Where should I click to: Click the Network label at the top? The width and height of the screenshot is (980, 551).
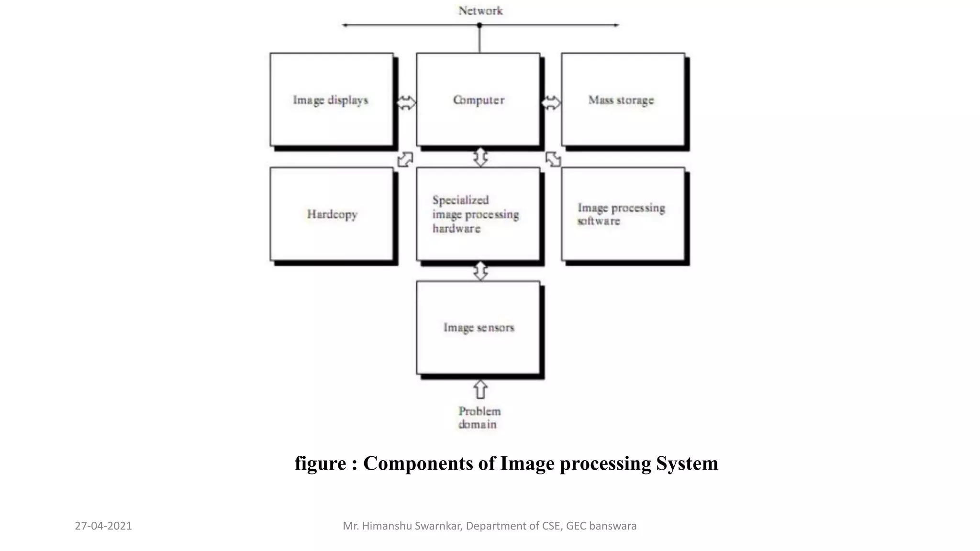(480, 11)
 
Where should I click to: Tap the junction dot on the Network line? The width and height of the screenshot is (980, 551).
(479, 25)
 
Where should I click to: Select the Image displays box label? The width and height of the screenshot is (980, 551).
(331, 100)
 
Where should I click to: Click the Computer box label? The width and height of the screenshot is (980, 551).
(479, 100)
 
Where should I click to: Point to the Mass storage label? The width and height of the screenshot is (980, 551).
(621, 100)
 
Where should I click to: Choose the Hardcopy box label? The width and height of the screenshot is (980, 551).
(332, 214)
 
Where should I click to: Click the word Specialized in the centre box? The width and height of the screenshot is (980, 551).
(460, 200)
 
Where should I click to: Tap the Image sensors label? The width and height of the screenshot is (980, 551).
(479, 328)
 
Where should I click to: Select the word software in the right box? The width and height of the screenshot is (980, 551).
(598, 221)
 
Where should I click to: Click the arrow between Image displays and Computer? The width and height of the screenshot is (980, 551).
(406, 102)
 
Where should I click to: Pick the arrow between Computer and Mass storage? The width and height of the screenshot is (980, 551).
(551, 102)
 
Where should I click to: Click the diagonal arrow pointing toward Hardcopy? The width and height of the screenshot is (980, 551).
(405, 159)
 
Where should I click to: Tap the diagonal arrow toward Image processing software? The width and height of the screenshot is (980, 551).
(553, 159)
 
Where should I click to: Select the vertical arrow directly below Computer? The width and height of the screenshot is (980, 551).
(480, 157)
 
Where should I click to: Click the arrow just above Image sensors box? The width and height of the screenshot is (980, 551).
(480, 271)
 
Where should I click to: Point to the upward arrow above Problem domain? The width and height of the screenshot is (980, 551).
(480, 389)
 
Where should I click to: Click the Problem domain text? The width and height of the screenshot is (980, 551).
(479, 418)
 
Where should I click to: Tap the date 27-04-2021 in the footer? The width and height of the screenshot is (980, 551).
(103, 526)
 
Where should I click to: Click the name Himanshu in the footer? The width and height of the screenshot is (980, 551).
(387, 526)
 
